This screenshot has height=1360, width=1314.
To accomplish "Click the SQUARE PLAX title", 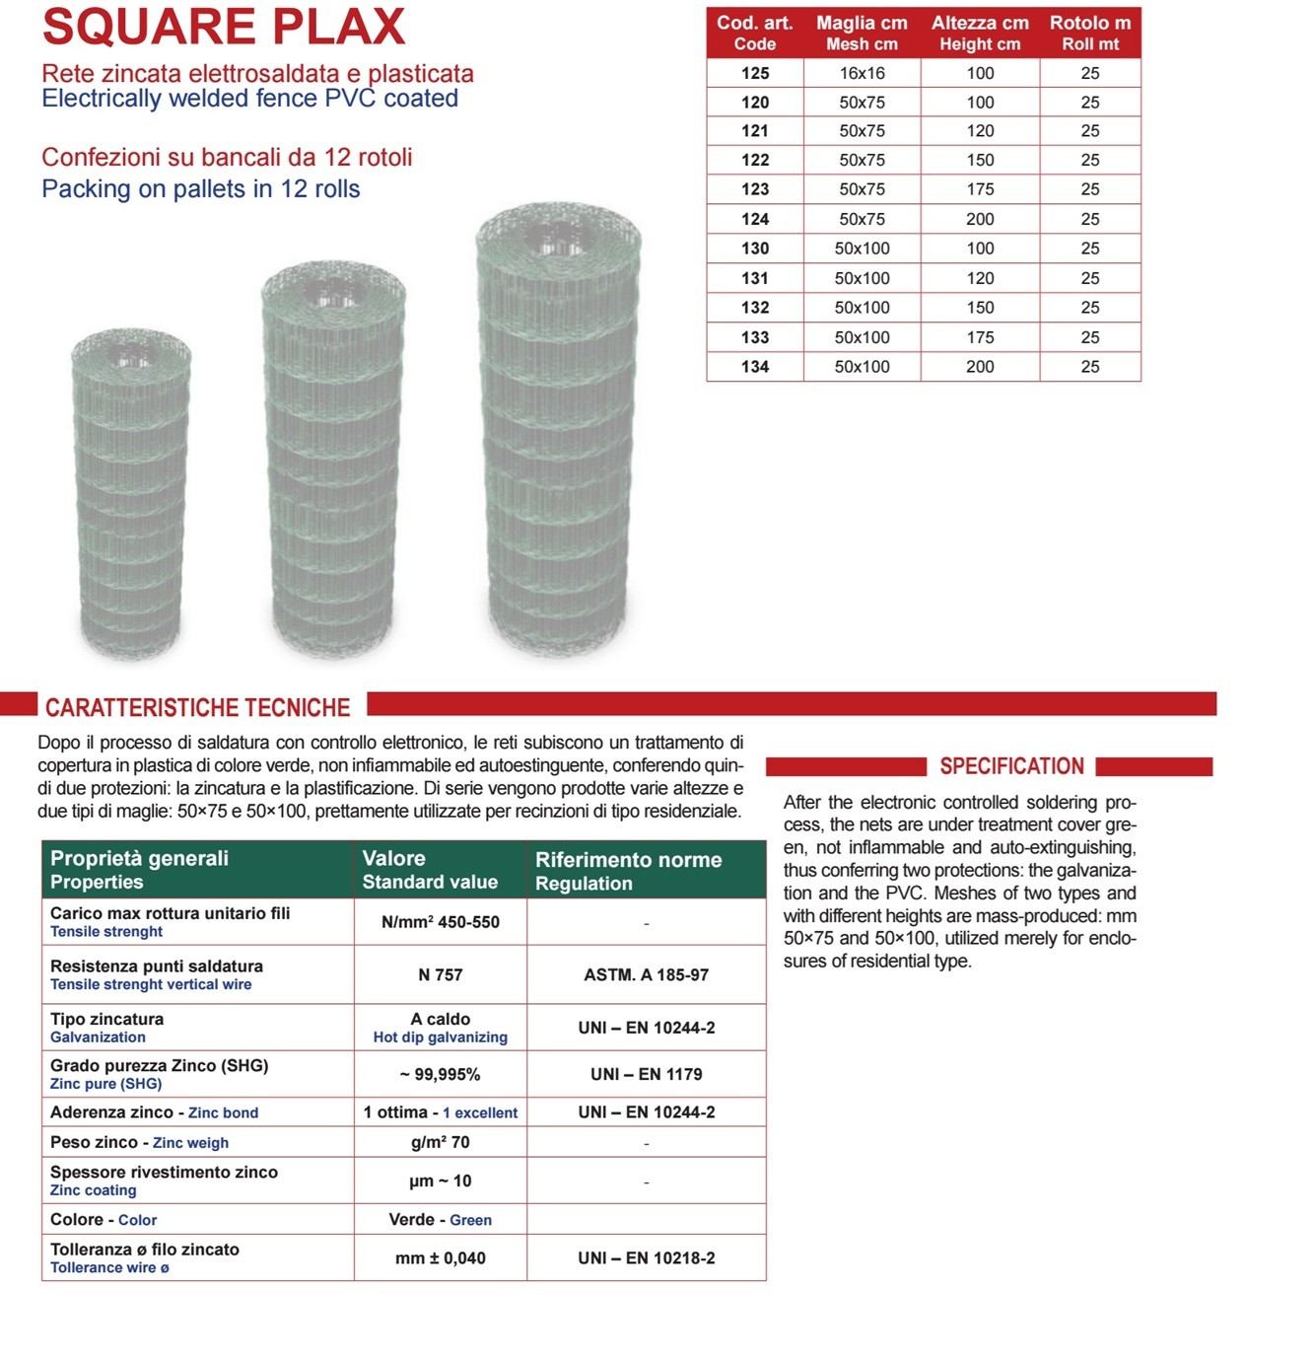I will pyautogui.click(x=224, y=27).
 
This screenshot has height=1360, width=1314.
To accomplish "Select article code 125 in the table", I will pyautogui.click(x=755, y=73).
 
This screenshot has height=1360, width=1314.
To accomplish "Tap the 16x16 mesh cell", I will pyautogui.click(x=862, y=73).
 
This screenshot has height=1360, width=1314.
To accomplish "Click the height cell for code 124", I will pyautogui.click(x=980, y=219).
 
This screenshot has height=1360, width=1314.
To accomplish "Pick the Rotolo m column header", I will pyautogui.click(x=1089, y=33).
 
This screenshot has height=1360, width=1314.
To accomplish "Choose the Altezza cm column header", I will pyautogui.click(x=980, y=33).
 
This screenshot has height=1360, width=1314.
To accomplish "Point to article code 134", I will pyautogui.click(x=755, y=367).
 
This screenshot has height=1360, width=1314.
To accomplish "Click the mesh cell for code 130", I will pyautogui.click(x=862, y=249).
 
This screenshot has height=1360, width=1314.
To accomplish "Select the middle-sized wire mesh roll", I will pyautogui.click(x=333, y=459).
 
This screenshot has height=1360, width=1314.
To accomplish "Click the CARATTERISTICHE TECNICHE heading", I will pyautogui.click(x=197, y=707).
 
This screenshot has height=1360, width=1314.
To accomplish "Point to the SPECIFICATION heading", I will pyautogui.click(x=1011, y=766).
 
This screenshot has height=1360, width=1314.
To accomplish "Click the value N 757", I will pyautogui.click(x=440, y=974).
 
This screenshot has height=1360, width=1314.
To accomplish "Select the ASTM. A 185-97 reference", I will pyautogui.click(x=646, y=974).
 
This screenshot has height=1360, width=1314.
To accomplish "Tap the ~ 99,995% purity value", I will pyautogui.click(x=440, y=1074).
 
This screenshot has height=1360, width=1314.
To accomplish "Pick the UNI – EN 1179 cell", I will pyautogui.click(x=646, y=1074).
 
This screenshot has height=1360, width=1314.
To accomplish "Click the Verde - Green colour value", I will pyautogui.click(x=440, y=1220).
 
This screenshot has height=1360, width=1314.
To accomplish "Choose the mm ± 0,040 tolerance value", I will pyautogui.click(x=440, y=1257).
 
